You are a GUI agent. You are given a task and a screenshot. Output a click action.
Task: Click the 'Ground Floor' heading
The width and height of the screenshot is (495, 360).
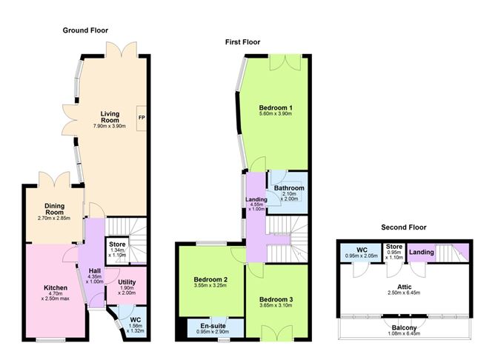[86, 31]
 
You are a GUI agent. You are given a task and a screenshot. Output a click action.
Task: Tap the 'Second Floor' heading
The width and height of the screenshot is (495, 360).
[404, 227]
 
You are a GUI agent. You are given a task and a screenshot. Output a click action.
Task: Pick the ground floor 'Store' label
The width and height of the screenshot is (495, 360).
[117, 244]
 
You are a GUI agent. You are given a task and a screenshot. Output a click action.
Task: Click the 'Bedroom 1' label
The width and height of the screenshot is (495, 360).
[275, 106]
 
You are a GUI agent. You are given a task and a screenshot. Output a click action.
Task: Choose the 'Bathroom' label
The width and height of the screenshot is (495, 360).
[289, 188]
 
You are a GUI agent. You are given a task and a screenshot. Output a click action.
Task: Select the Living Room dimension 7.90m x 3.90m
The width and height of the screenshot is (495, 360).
[110, 127]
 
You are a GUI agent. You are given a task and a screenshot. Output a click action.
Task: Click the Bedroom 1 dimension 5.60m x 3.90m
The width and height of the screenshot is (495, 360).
[275, 114]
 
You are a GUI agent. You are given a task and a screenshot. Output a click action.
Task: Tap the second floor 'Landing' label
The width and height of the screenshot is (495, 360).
[422, 252]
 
